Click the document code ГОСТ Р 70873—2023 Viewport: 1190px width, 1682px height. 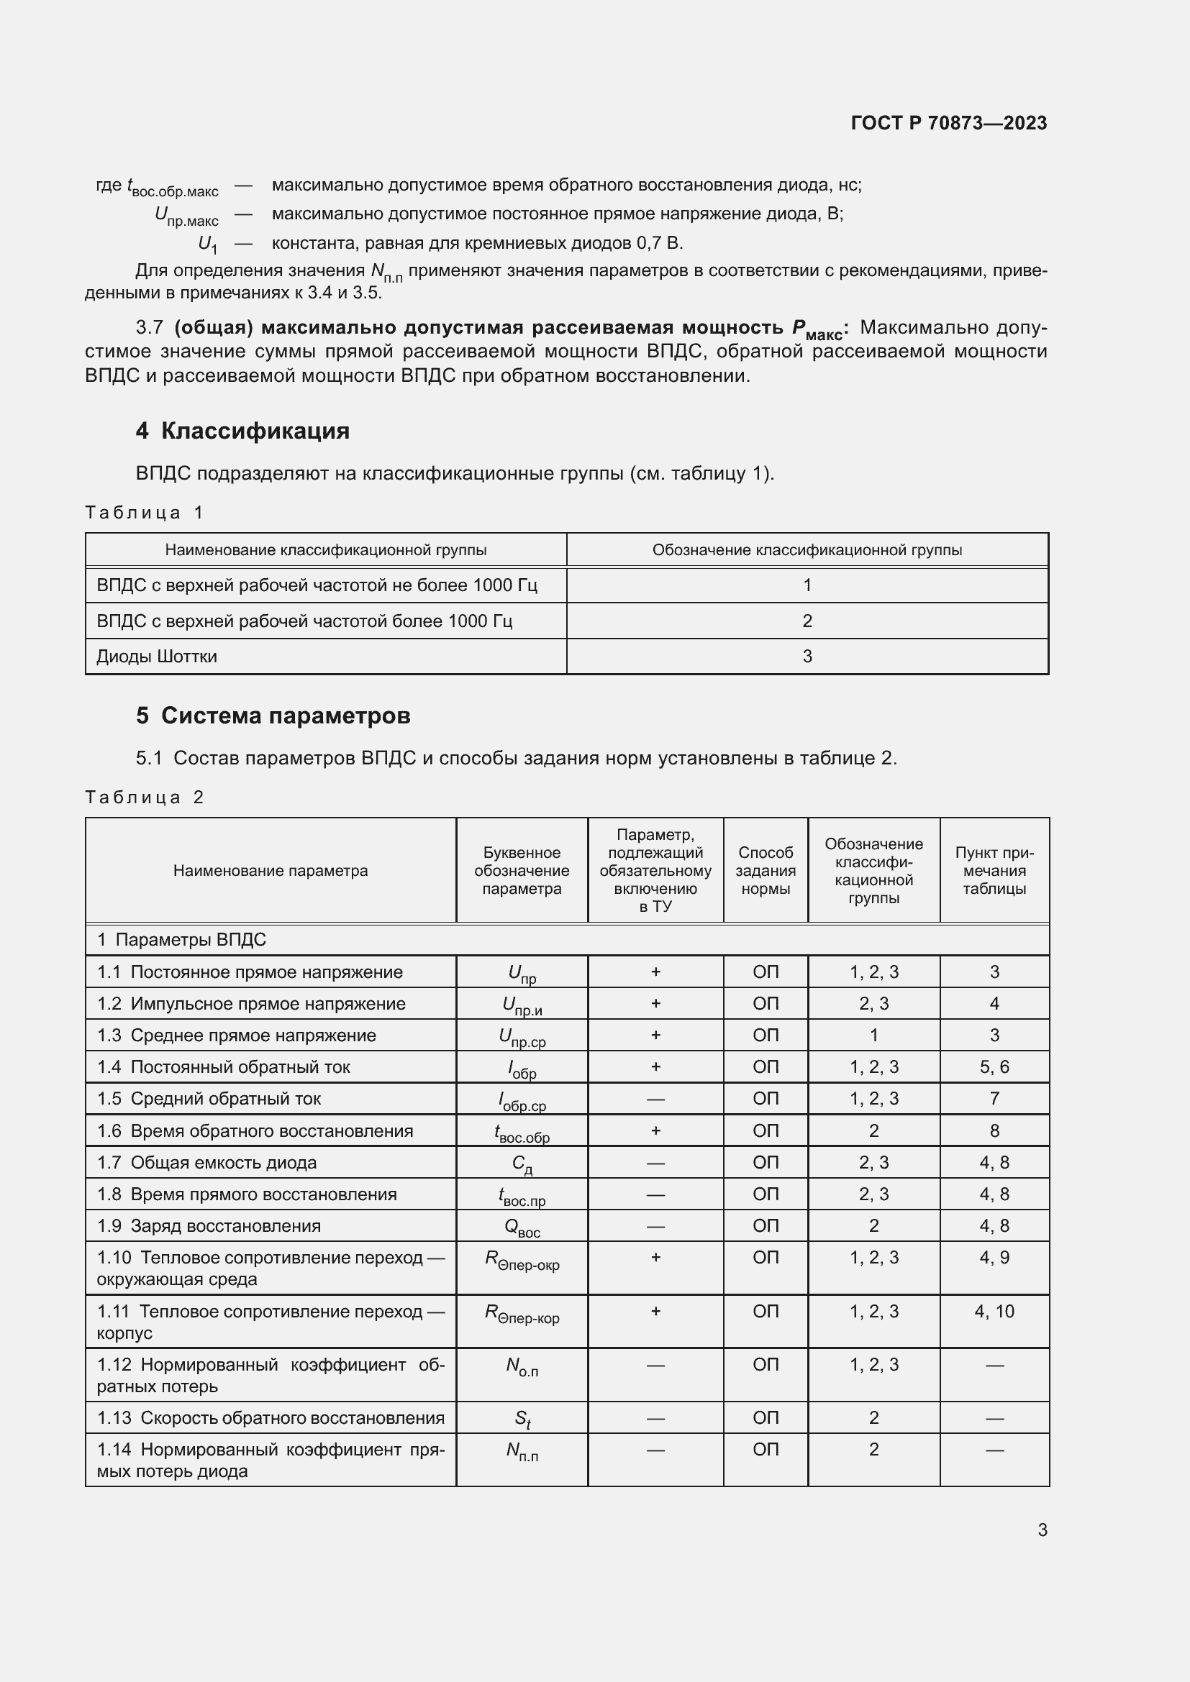point(948,123)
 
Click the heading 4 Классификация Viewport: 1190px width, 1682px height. point(242,431)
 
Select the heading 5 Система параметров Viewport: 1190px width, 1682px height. point(273,716)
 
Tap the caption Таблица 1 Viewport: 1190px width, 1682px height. point(144,512)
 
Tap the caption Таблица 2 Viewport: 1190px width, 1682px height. point(144,797)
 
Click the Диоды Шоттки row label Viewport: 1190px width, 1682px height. point(157,657)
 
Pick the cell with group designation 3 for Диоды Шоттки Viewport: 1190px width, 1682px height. point(807,657)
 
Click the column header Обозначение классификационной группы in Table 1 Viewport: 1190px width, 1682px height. point(807,550)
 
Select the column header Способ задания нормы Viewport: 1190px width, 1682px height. point(765,870)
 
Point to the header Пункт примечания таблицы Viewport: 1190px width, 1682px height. point(994,870)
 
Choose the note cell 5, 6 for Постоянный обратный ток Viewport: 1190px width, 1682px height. point(994,1067)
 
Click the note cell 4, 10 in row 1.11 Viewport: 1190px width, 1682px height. point(994,1312)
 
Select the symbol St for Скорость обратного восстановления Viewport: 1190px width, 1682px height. point(522,1419)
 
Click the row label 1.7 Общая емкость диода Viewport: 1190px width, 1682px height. point(206,1163)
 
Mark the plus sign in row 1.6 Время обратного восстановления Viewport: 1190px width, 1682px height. point(655,1131)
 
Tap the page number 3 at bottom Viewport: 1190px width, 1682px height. point(1042,1530)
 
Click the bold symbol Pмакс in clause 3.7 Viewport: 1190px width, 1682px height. point(817,329)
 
